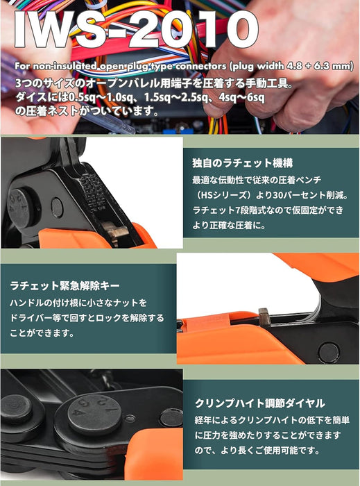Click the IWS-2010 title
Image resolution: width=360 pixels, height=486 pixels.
click(x=136, y=29)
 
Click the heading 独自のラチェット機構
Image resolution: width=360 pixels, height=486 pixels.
click(x=242, y=163)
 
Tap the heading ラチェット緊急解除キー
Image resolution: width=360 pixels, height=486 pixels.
click(x=65, y=285)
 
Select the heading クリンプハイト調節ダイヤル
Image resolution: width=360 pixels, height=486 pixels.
click(x=259, y=403)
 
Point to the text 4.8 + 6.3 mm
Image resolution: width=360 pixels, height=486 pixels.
click(x=322, y=66)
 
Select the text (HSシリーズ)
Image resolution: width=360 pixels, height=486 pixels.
click(x=221, y=195)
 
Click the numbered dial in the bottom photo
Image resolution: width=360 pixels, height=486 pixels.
click(x=95, y=414)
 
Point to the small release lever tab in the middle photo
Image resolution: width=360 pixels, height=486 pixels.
click(x=264, y=317)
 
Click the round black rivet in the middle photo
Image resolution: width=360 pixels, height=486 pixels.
click(x=328, y=352)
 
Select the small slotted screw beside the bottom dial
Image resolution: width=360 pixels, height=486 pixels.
click(x=130, y=419)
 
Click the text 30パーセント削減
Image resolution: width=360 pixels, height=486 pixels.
click(x=310, y=195)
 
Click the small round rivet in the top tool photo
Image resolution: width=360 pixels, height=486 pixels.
click(x=57, y=207)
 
